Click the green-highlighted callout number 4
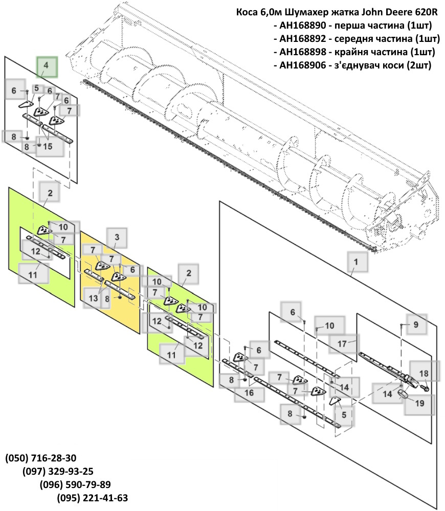tap(46, 66)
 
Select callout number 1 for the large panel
tap(352, 262)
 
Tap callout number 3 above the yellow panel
tap(117, 238)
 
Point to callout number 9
tap(416, 324)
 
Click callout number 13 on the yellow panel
tap(93, 297)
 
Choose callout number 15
tap(48, 147)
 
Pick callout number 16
tap(249, 393)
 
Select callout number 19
tap(419, 403)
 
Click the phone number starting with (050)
tap(41, 457)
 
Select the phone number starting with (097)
tap(58, 471)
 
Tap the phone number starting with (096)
tap(75, 484)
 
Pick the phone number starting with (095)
tap(93, 498)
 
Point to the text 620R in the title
tap(423, 12)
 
